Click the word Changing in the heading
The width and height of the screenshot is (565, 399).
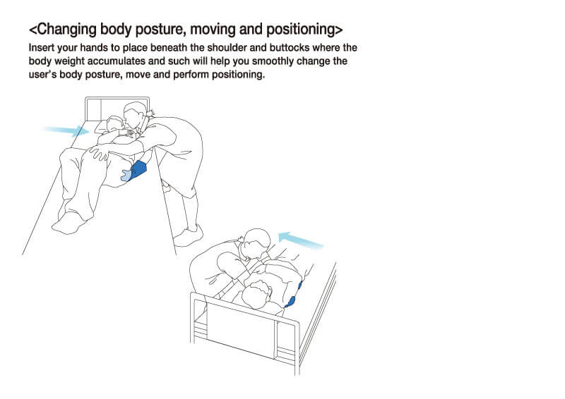coord(66,30)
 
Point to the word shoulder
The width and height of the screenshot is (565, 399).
coord(226,47)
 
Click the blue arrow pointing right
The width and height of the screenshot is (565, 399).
coord(66,131)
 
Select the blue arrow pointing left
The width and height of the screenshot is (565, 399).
coord(302,240)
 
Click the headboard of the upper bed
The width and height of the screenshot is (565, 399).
coord(117,109)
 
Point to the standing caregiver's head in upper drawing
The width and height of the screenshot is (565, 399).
coord(134,115)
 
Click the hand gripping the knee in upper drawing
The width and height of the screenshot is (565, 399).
coord(99,152)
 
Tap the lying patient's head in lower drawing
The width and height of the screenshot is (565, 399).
coord(257,294)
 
